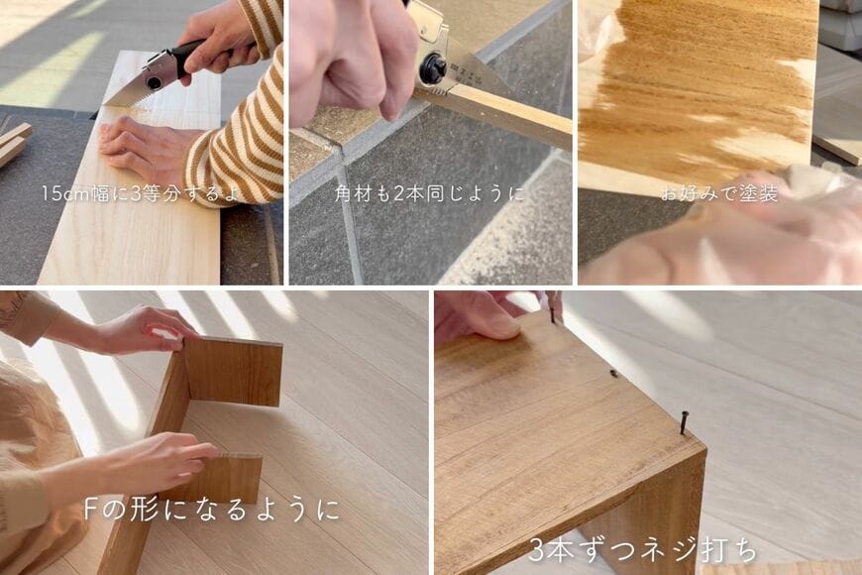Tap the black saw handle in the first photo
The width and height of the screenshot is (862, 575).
[198, 52]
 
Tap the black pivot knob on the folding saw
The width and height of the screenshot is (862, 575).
[433, 68]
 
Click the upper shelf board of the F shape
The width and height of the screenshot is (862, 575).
[233, 371]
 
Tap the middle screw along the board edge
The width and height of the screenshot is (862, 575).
[614, 375]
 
